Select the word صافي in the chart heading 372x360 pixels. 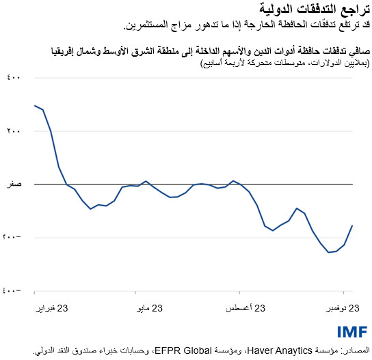(x=358, y=51)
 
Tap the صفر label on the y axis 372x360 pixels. (x=15, y=184)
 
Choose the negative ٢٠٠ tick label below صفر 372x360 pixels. (x=14, y=237)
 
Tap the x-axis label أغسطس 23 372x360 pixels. (x=244, y=309)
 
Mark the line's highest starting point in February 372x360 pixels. (x=34, y=105)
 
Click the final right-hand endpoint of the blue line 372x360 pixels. (x=352, y=225)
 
